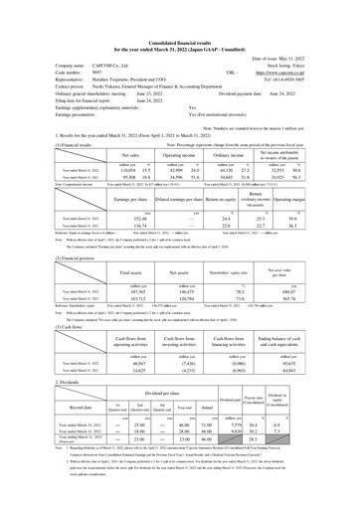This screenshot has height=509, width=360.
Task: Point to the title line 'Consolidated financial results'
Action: pyautogui.click(x=180, y=12)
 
